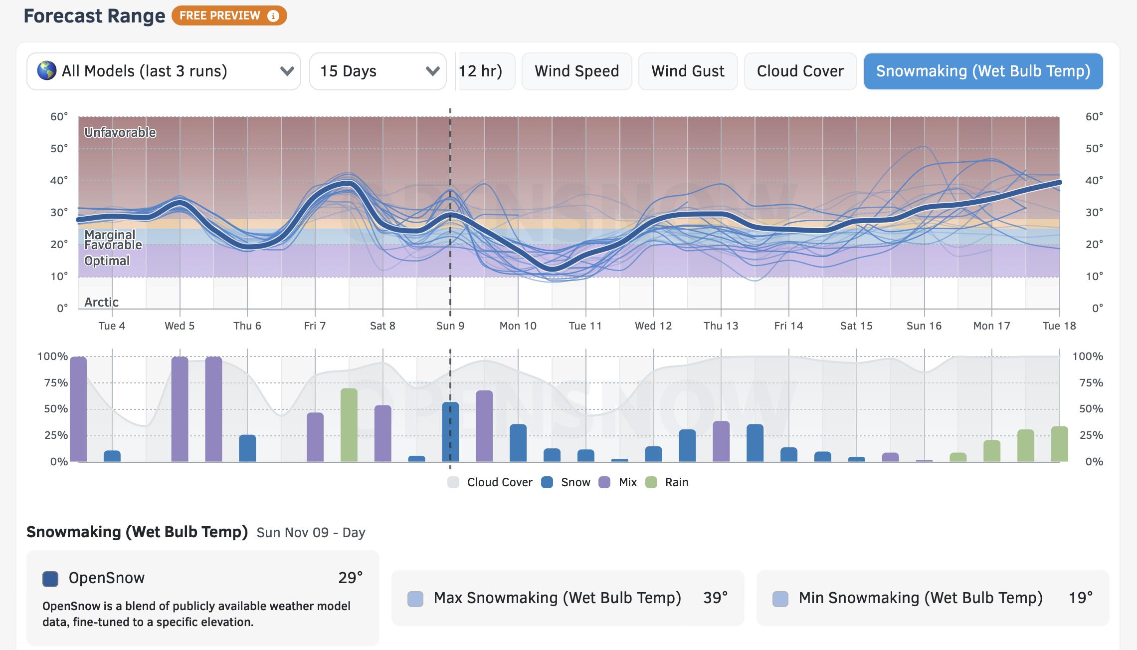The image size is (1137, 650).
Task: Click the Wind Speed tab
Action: pos(576,71)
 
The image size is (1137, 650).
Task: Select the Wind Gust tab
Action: pos(688,71)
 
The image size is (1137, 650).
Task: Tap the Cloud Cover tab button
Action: pos(800,71)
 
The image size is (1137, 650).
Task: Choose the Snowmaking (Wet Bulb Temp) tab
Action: pos(983,71)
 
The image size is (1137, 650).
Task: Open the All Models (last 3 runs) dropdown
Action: pos(164,71)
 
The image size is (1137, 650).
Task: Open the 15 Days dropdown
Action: pos(378,71)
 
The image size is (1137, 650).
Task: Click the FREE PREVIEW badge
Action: pos(229,15)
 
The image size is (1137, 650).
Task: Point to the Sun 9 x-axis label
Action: pos(450,326)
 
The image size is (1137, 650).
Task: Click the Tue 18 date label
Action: pos(1059,326)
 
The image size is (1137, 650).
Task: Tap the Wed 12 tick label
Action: pos(653,326)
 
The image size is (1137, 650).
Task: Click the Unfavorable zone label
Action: pos(120,132)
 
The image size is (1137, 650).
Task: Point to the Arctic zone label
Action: pos(101,302)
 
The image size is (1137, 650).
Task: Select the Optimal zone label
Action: pos(107,261)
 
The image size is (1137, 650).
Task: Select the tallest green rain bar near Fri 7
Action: pos(349,424)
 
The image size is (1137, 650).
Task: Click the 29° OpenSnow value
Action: pos(350,578)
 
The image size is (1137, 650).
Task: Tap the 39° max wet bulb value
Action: pos(715,598)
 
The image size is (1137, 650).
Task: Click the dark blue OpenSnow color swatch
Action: pos(50,579)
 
